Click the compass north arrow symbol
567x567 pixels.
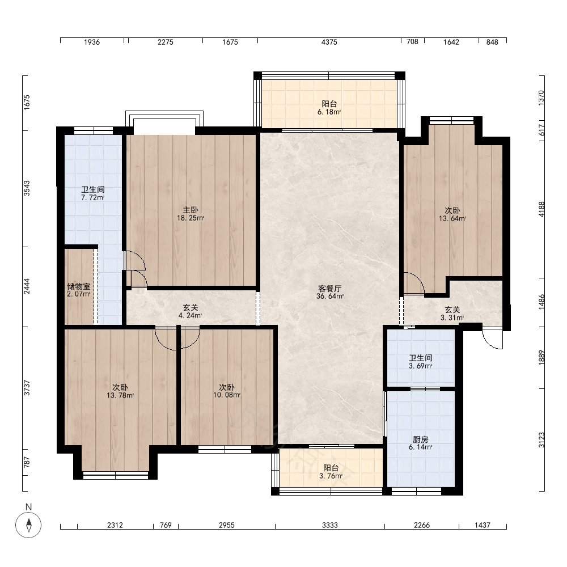(x=28, y=524)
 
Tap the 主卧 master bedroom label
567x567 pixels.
(x=190, y=210)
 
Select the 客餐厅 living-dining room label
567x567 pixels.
(x=330, y=288)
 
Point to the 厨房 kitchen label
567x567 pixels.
(x=420, y=439)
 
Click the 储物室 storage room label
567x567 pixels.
(x=78, y=286)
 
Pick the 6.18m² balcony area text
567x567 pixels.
(x=329, y=112)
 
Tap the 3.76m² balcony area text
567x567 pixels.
(x=331, y=476)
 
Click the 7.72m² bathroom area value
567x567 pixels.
(x=93, y=197)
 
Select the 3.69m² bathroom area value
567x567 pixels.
(x=421, y=366)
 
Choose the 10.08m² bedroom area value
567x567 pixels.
(x=227, y=395)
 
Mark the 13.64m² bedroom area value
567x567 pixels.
(x=452, y=218)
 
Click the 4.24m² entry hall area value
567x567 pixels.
(x=190, y=315)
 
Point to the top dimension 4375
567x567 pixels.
(x=329, y=42)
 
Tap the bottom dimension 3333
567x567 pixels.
(x=330, y=525)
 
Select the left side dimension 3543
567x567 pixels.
(x=27, y=188)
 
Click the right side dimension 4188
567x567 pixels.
(x=541, y=209)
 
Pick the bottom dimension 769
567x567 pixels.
(x=166, y=525)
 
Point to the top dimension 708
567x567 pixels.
(x=412, y=42)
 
